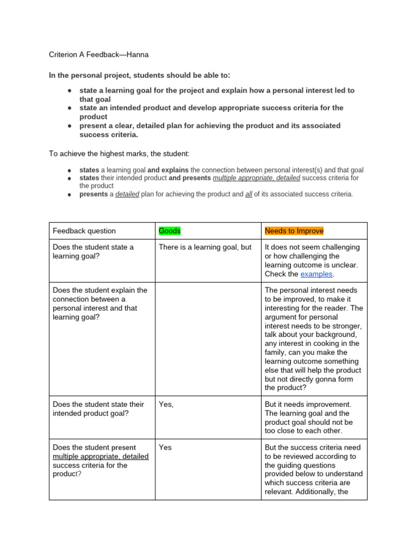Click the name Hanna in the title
pyautogui.click(x=138, y=55)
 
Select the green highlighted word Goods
pyautogui.click(x=170, y=231)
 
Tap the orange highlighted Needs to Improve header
pyautogui.click(x=294, y=231)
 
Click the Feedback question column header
pyautogui.click(x=84, y=231)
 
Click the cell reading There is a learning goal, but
pyautogui.click(x=205, y=247)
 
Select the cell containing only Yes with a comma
pyautogui.click(x=166, y=404)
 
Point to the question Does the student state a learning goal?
pyautogui.click(x=93, y=252)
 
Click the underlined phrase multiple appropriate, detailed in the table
pyautogui.click(x=101, y=457)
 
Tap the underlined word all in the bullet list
pyautogui.click(x=249, y=194)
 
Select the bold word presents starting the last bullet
pyautogui.click(x=94, y=194)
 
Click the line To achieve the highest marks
pyautogui.click(x=119, y=154)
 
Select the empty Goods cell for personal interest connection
pyautogui.click(x=207, y=339)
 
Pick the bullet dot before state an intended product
pyautogui.click(x=70, y=108)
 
